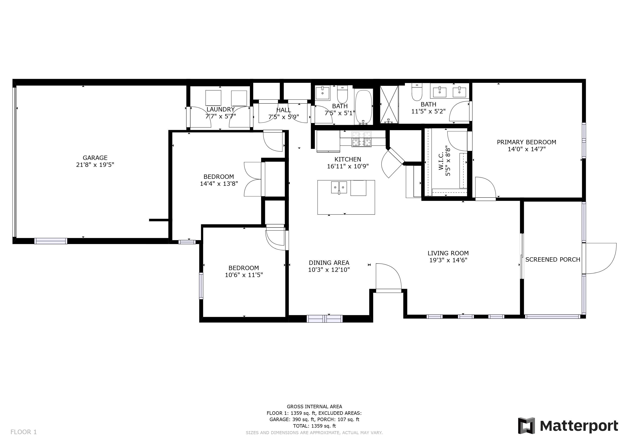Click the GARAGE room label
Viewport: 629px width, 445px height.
click(x=95, y=158)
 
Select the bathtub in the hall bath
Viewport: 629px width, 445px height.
click(x=364, y=107)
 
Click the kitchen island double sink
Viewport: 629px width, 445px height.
click(x=339, y=188)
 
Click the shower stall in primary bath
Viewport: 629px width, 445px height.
click(x=389, y=104)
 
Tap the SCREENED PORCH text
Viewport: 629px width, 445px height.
click(x=553, y=259)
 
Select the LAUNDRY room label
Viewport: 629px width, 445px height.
click(x=220, y=109)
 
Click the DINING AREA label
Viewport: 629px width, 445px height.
click(x=329, y=263)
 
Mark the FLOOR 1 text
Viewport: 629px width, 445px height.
click(x=23, y=432)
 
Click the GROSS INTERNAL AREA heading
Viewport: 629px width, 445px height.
click(x=314, y=407)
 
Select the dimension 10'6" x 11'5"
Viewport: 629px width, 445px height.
click(x=244, y=275)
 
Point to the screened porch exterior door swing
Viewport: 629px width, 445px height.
click(x=601, y=258)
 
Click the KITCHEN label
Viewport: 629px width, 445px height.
click(x=348, y=159)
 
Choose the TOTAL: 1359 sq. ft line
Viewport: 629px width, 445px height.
click(x=314, y=426)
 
